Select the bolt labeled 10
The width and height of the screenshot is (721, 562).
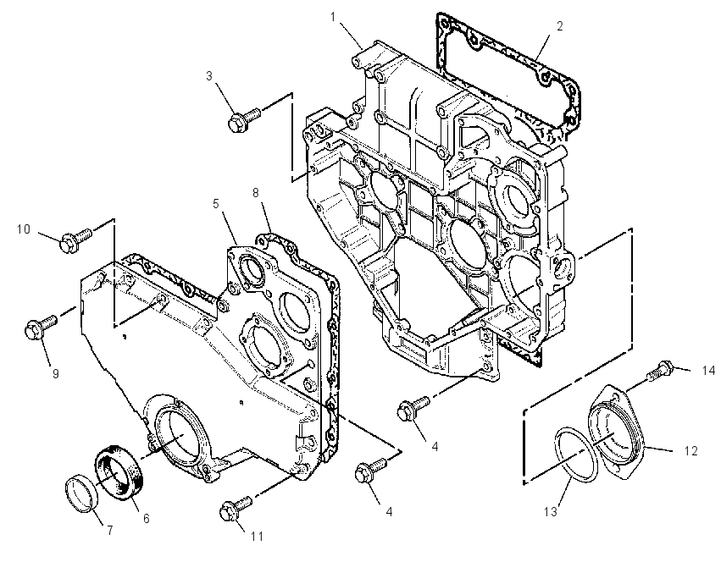coord(76,240)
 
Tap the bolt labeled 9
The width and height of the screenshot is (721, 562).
coord(41,326)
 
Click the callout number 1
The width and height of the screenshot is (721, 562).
coord(333,17)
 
